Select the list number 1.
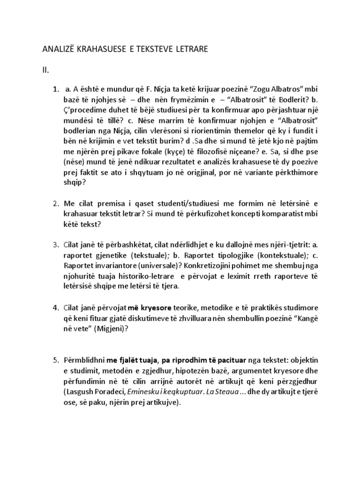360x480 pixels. click(x=56, y=89)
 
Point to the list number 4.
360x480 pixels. click(x=55, y=307)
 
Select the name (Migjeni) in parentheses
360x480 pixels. click(x=119, y=328)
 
